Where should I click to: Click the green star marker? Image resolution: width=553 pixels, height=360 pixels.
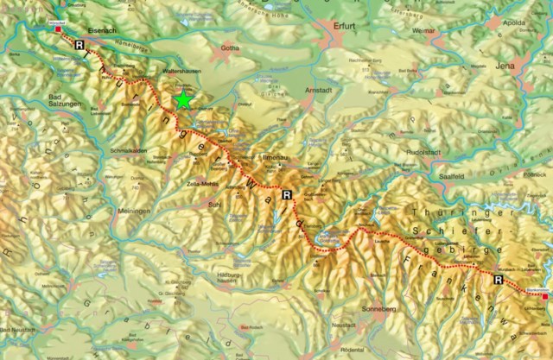(183, 100)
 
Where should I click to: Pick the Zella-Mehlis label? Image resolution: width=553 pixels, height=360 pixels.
(201, 185)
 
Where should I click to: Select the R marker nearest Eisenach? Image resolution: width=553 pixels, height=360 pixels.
(80, 43)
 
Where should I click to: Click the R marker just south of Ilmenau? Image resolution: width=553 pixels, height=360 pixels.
(286, 195)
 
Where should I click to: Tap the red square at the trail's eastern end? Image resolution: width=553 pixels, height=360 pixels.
(544, 295)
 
